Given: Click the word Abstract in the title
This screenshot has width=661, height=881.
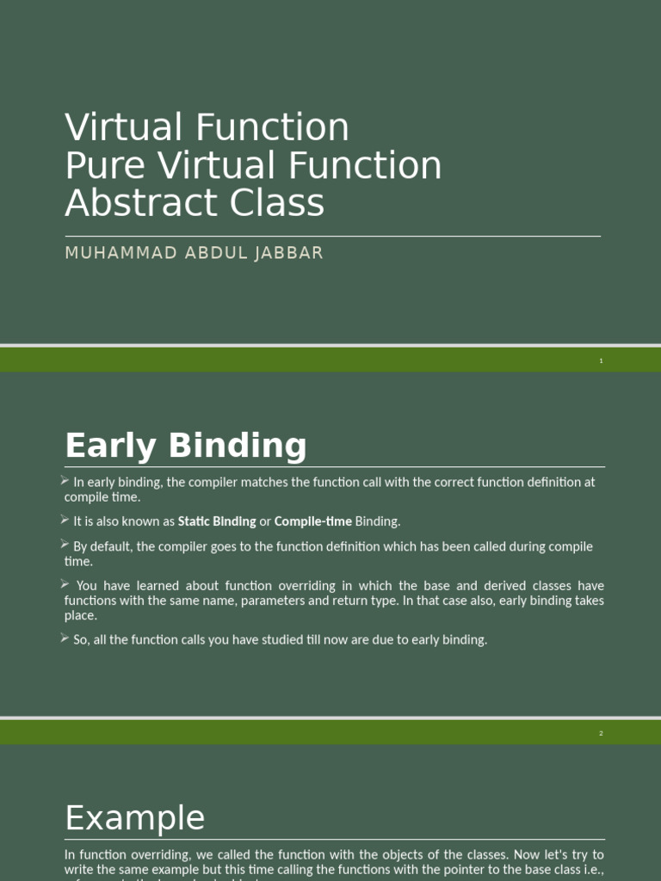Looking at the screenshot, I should tap(128, 204).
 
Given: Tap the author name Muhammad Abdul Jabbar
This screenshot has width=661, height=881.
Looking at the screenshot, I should tap(194, 254).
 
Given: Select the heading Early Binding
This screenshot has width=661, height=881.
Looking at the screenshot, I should tap(185, 446).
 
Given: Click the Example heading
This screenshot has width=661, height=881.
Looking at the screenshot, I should tap(135, 817).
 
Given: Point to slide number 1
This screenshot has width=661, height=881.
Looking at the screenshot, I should tap(602, 361).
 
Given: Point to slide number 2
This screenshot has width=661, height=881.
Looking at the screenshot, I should tap(602, 734).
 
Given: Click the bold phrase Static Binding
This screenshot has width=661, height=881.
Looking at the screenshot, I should tap(217, 521).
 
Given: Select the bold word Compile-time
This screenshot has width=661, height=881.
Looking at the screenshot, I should tap(312, 521).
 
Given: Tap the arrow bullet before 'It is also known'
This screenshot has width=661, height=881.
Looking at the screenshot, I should tap(65, 520).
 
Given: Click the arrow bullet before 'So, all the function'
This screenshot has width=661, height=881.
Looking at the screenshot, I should tap(65, 638).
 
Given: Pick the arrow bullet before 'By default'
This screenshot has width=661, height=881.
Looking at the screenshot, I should tap(65, 545).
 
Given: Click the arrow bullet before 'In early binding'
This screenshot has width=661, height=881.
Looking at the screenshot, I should tap(65, 481).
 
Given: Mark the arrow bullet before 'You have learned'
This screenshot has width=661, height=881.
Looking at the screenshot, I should tap(65, 584).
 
